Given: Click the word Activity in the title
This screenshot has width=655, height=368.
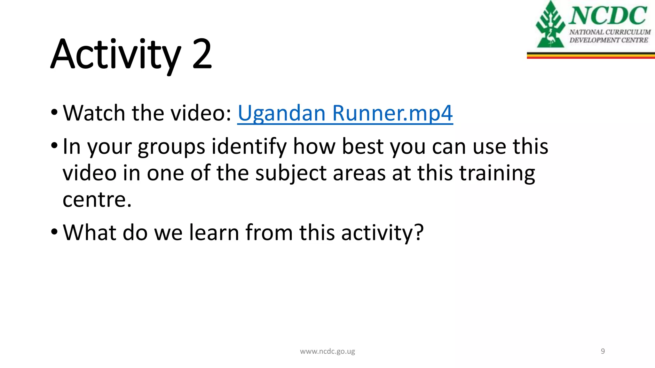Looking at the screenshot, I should coord(115,54).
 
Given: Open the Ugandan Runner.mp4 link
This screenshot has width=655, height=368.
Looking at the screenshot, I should coord(345,113).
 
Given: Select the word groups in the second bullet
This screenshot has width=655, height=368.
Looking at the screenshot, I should coord(171,147).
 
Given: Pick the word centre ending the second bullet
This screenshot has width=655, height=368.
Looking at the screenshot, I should coord(97,200).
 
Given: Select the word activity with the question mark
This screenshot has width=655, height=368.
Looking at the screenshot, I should coord(382,233).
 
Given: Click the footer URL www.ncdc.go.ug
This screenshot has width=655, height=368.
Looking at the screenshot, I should coord(327,351).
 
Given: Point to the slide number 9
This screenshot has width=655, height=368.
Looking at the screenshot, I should coord(603,351).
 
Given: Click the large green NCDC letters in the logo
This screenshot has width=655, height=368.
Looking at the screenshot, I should coord(608,16).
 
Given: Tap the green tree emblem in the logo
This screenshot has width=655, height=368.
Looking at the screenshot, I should coord(550,26).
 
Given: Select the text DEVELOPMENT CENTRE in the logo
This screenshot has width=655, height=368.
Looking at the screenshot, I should coord(609,40).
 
